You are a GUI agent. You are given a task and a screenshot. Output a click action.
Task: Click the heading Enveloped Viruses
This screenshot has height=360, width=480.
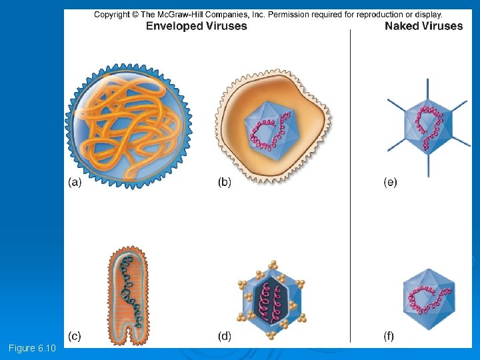196,26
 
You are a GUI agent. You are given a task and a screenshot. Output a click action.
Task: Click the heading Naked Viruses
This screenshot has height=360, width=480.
423,26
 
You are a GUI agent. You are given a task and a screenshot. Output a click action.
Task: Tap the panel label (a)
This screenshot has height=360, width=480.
75,182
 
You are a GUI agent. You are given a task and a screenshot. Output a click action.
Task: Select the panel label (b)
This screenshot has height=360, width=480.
225,182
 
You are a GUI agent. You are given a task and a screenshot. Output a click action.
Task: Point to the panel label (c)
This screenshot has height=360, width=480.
74,337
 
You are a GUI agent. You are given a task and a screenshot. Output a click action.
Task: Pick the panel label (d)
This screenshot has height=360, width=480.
225,337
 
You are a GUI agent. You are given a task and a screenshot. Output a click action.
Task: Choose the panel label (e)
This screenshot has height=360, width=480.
390,182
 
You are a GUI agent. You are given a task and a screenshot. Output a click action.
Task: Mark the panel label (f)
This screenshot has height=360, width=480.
389,337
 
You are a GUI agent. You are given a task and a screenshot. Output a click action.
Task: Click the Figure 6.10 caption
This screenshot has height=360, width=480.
33,348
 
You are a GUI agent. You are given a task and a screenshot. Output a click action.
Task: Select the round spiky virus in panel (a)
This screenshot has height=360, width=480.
127,126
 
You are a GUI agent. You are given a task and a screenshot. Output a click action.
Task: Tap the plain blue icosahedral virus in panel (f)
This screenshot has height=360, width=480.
429,299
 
